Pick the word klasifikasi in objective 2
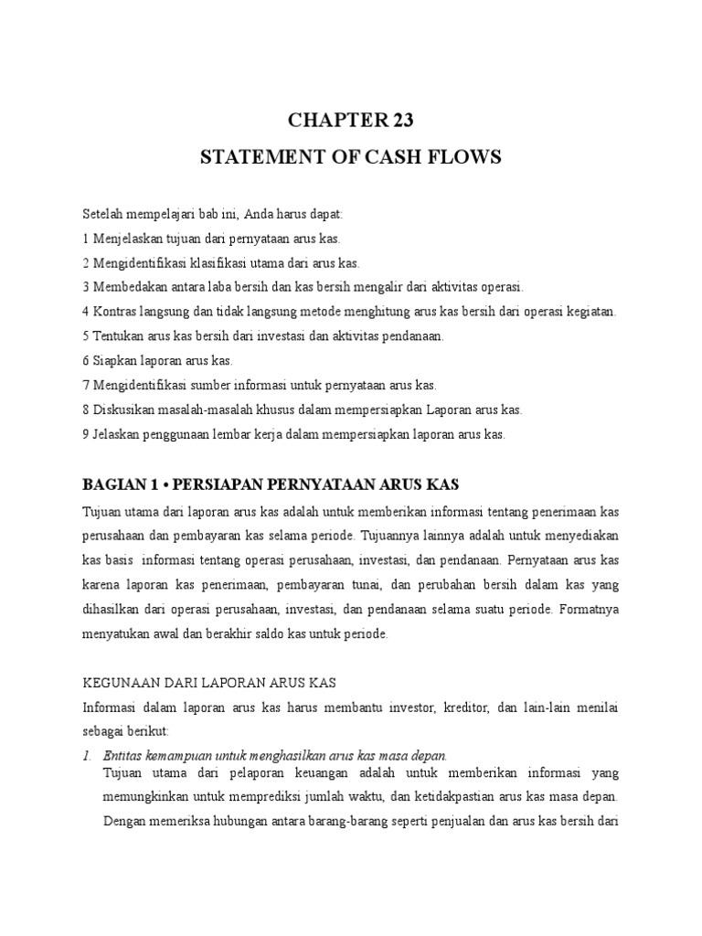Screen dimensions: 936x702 [204, 263]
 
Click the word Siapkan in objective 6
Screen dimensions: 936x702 [113, 361]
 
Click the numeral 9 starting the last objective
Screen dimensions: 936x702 [85, 435]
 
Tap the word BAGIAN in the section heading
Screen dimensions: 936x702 [112, 484]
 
